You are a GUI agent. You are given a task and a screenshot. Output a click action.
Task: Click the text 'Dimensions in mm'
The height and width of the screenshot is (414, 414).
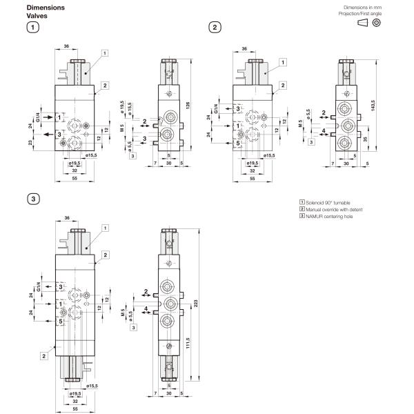click(x=362, y=7)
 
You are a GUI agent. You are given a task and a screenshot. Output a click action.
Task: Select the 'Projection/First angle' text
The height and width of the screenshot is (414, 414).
click(x=359, y=13)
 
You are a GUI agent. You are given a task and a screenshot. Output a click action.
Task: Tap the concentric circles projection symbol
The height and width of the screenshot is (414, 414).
click(x=377, y=23)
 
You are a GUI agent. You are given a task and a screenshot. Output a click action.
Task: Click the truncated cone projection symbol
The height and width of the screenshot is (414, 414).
click(x=362, y=23)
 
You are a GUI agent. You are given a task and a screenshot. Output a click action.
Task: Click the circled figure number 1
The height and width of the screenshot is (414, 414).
click(x=32, y=28)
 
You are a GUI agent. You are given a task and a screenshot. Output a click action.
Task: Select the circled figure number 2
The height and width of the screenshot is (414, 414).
click(x=215, y=28)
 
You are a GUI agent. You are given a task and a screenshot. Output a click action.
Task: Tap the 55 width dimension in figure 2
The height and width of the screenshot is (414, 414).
click(x=253, y=178)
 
